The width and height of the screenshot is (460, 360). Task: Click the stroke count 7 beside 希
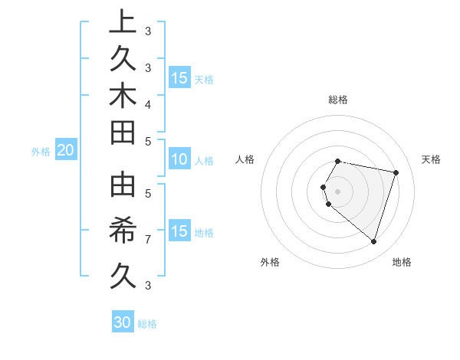148,240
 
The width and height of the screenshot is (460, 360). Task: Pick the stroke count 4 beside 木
148,103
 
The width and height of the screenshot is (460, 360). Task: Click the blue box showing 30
122,322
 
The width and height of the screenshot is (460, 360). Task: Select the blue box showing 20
65,151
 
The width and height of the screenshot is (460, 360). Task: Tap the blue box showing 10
179,160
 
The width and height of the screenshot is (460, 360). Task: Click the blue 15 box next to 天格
179,78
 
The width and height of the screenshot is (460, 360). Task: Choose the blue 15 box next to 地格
179,231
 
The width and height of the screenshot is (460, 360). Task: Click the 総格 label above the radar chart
338,100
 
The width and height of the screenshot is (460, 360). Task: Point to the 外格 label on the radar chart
270,262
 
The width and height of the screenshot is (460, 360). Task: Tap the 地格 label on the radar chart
402,262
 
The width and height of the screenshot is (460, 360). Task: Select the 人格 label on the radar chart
245,159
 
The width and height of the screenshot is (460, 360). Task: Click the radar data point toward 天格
396,172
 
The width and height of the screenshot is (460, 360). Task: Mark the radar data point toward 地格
373,242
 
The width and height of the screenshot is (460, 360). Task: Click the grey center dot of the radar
338,191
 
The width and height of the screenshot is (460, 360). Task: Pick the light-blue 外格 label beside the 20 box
41,152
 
